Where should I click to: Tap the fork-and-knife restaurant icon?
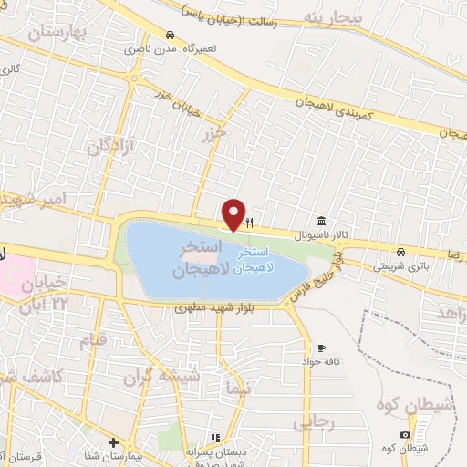click(248, 222)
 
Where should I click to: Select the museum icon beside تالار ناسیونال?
click(321, 221)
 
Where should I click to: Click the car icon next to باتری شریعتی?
click(401, 252)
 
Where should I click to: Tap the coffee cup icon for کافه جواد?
click(321, 348)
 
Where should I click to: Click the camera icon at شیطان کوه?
click(405, 434)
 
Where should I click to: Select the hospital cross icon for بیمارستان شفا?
click(112, 441)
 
